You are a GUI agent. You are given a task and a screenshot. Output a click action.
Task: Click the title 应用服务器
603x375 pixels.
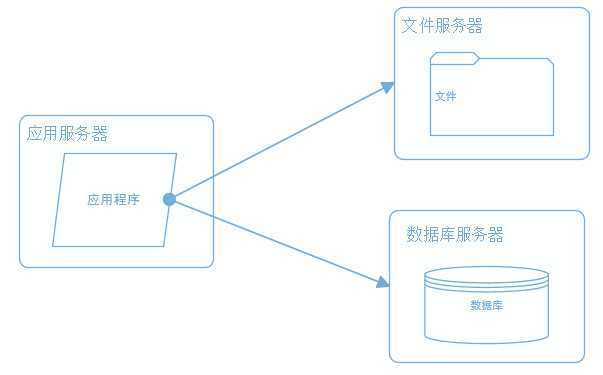coord(67,134)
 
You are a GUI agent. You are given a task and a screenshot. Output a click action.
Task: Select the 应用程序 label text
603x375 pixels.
coord(113,199)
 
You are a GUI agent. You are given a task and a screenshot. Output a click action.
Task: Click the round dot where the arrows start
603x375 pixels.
coord(169,199)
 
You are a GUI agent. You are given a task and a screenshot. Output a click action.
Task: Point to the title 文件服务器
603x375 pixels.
coord(441,26)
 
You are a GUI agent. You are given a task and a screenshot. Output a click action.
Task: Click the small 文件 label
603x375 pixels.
coord(446,97)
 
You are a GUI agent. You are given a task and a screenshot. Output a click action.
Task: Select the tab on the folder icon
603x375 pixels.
coord(455,56)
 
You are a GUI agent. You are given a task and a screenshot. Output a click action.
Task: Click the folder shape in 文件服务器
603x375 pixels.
coord(500,110)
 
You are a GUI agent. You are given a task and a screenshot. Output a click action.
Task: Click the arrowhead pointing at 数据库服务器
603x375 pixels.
coord(382,283)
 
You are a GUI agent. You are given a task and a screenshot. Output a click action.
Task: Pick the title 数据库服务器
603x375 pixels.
coord(455,235)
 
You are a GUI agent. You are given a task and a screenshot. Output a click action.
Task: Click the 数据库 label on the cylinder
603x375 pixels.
coord(486,305)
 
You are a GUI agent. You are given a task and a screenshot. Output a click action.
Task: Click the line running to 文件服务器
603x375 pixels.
coord(280,142)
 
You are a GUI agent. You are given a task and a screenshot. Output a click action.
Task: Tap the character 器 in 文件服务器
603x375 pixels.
coord(474,26)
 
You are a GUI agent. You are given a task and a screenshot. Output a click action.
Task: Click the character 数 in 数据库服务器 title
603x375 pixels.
coord(415,235)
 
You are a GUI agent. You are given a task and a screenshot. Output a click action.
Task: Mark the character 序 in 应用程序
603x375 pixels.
coord(132,199)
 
